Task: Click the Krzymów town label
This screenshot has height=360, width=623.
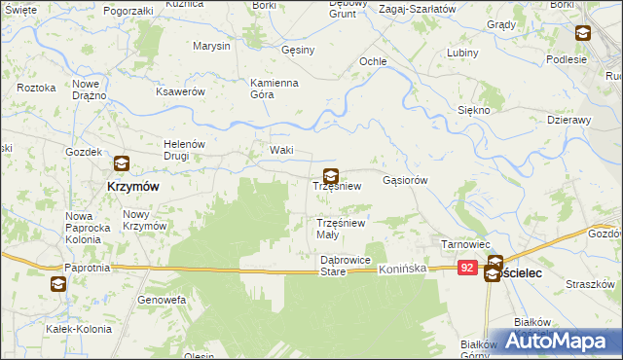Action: pos(132,185)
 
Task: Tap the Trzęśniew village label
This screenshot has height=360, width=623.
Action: pos(337,186)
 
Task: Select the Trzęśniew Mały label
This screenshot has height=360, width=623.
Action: pos(340,229)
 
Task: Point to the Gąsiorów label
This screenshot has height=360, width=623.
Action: pos(406,180)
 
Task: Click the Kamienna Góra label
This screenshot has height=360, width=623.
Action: pos(274,89)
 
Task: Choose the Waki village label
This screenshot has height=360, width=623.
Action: pos(281,150)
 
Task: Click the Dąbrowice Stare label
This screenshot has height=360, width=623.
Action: pos(346,266)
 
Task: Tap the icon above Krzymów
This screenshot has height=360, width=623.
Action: pos(122,165)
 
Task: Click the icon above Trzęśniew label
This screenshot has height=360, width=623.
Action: pos(331,176)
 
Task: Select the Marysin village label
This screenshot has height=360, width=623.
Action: pos(211,46)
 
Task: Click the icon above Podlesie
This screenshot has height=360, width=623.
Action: pos(582,34)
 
